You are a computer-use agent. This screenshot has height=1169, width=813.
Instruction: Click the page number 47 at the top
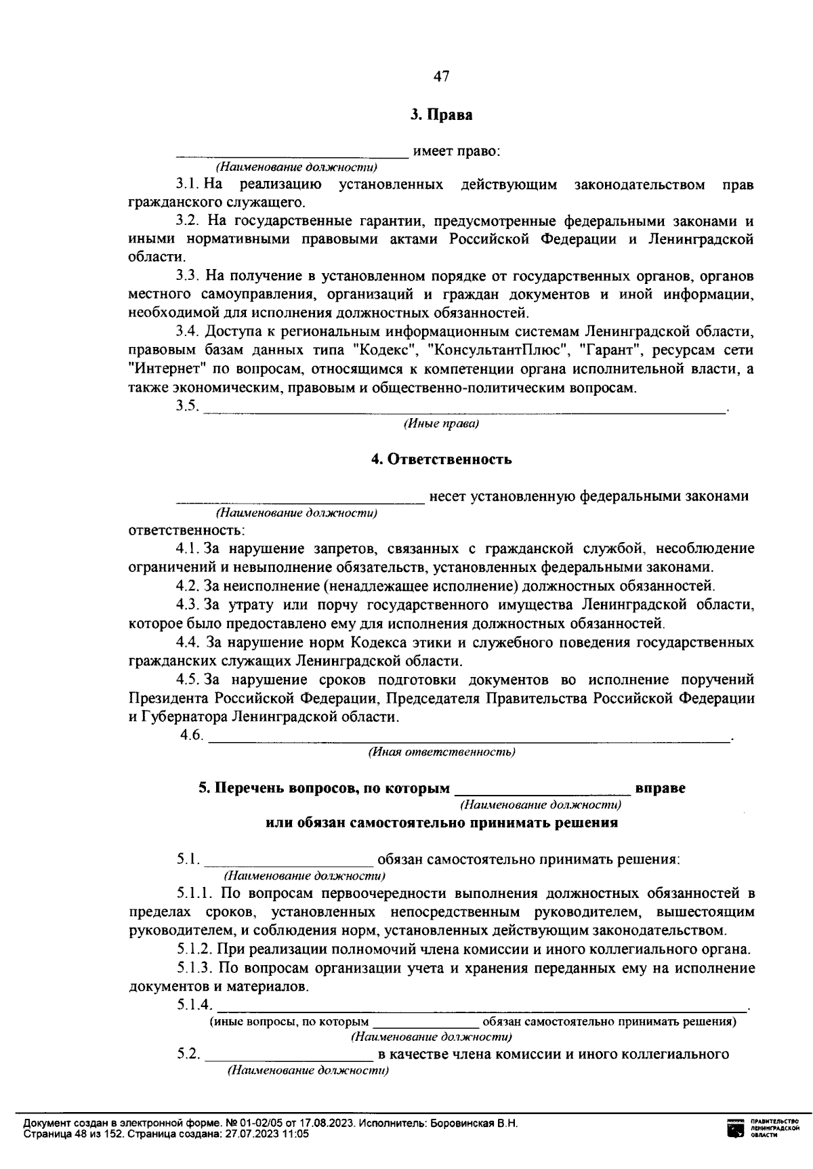[x=441, y=77]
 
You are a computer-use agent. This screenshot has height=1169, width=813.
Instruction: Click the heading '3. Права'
[x=441, y=115]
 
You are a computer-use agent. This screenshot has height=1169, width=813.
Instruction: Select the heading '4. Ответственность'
[x=441, y=459]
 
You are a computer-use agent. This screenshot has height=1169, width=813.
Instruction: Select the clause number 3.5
[x=187, y=406]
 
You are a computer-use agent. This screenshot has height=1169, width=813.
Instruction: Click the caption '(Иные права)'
[x=441, y=424]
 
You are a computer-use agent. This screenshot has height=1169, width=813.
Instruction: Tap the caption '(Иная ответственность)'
[x=441, y=752]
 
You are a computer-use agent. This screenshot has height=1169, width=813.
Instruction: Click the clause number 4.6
[x=191, y=735]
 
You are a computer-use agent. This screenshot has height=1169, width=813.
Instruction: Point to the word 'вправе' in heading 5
[x=660, y=788]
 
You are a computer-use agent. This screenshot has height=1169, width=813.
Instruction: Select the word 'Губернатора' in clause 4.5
[x=184, y=717]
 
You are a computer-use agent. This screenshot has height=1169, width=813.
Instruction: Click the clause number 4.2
[x=188, y=586]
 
